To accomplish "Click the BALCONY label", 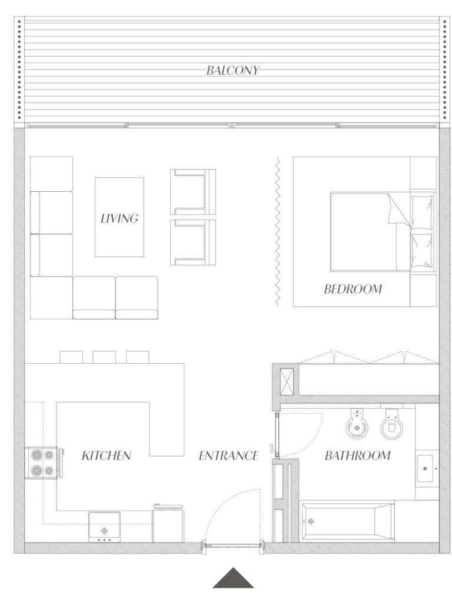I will (x=232, y=71).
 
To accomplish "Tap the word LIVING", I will (x=119, y=218).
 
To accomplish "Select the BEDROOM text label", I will (x=353, y=289).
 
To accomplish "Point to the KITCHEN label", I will (x=106, y=455).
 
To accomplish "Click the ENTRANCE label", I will (x=228, y=455).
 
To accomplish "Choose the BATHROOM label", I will (x=357, y=455).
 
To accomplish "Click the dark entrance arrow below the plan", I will (x=233, y=579).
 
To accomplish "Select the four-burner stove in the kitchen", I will (x=41, y=462).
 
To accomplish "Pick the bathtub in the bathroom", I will (x=347, y=521).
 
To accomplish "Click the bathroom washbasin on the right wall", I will (x=426, y=468).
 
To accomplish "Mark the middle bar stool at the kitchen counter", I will (x=104, y=357).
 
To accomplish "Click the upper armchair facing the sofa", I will (x=193, y=192).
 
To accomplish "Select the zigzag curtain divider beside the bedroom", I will (x=277, y=231).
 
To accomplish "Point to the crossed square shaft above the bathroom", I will (x=287, y=381).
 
